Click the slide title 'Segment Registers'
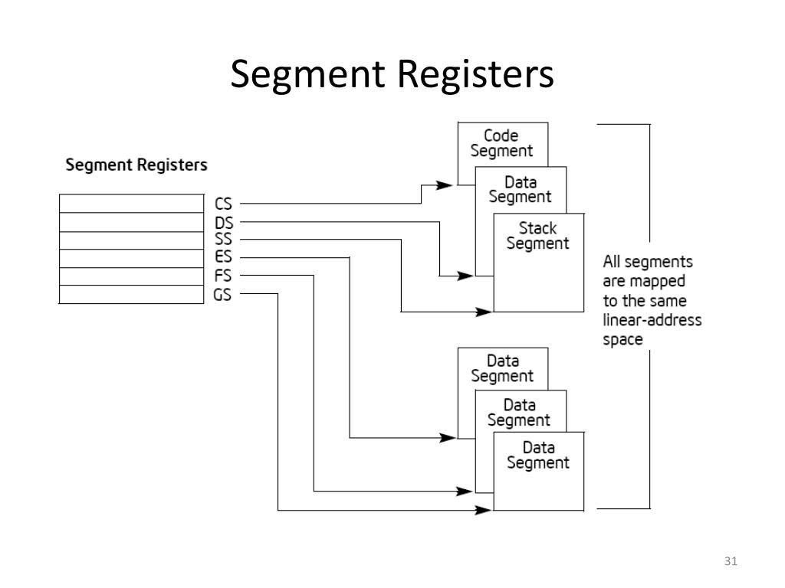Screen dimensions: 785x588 392,75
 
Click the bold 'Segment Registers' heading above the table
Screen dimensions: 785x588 136,165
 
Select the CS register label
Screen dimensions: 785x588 223,204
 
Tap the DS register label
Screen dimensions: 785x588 223,223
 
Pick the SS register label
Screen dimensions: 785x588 223,239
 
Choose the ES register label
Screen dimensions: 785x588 223,257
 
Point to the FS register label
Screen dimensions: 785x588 223,276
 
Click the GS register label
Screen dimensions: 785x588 223,294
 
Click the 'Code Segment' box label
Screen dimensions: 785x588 501,143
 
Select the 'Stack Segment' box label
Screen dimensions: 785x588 537,236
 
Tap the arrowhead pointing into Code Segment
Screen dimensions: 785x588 442,185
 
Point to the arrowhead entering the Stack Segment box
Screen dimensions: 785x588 484,312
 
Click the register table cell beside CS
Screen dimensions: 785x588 131,204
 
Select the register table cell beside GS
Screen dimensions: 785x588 131,295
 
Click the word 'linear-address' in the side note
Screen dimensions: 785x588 652,320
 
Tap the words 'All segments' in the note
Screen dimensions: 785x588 647,260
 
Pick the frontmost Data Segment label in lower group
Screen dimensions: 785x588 537,455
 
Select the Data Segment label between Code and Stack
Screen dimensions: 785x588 520,189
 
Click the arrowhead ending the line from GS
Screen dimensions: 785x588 483,510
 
